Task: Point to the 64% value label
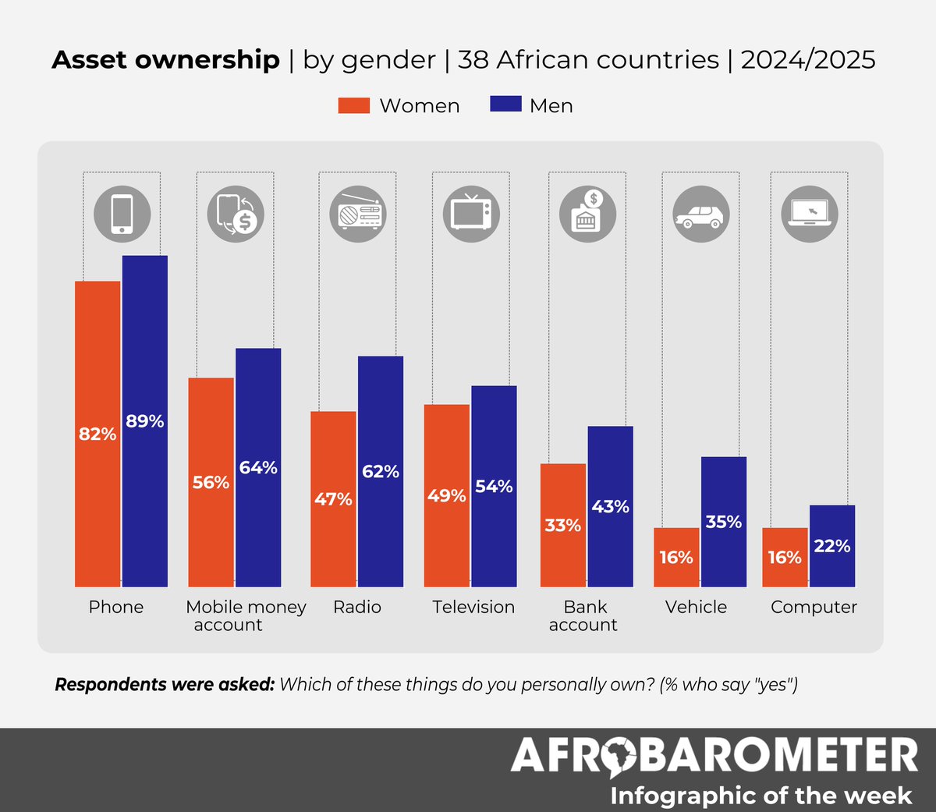point(258,467)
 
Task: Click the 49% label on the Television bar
point(446,495)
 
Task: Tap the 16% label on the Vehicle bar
point(675,557)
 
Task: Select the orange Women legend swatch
point(353,105)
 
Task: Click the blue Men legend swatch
point(505,105)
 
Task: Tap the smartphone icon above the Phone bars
point(122,214)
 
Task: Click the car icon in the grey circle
point(700,214)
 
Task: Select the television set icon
point(471,214)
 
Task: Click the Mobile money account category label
point(246,615)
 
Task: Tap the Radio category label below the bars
point(357,607)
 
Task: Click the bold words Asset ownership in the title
point(165,60)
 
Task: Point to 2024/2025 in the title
point(808,60)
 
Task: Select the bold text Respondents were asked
point(165,685)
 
